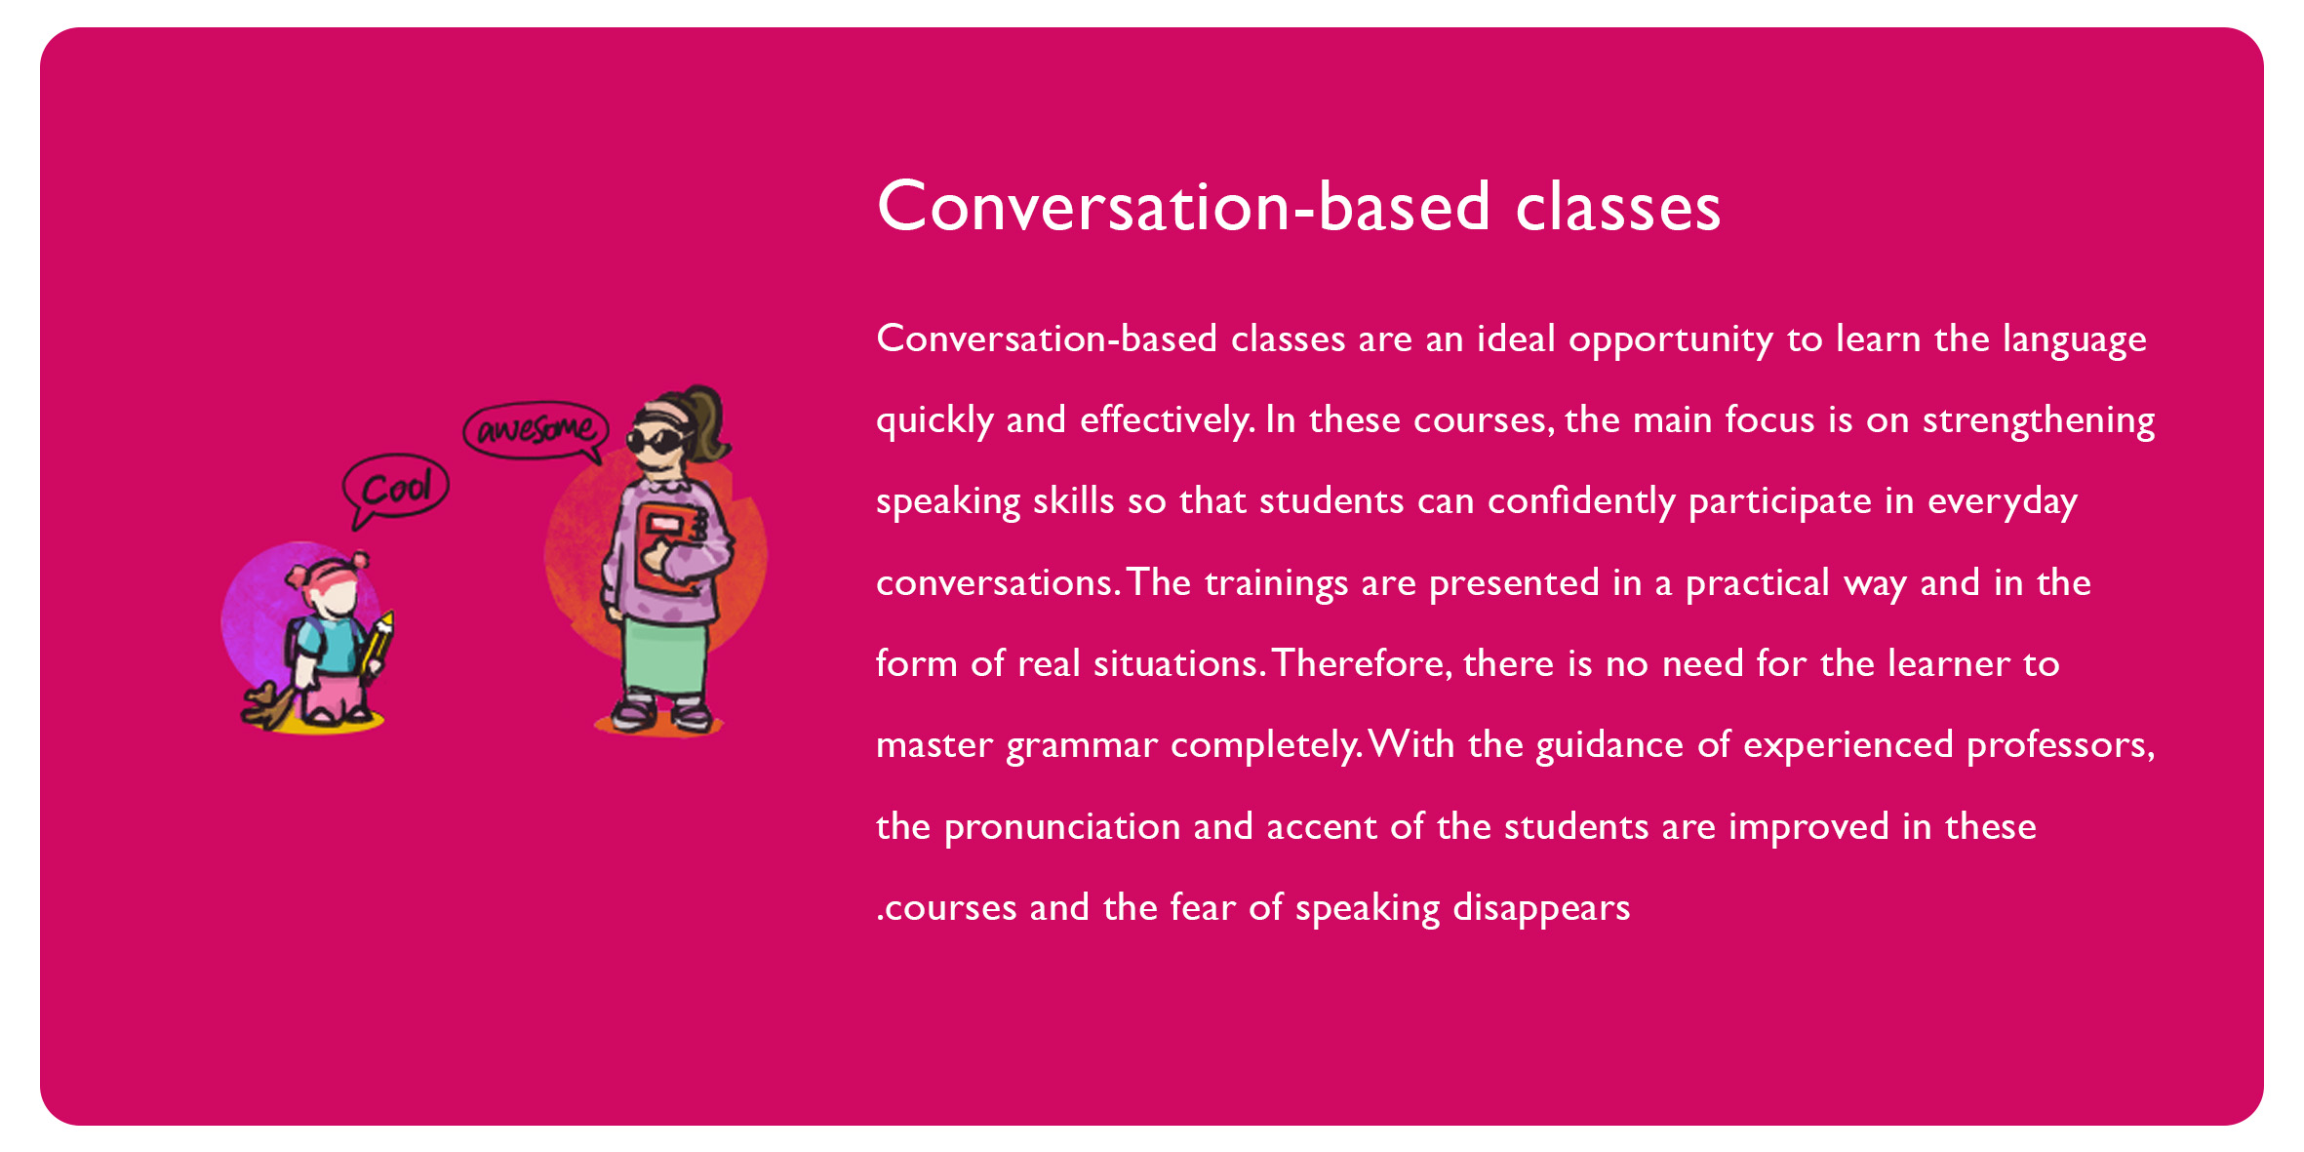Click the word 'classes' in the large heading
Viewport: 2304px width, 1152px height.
tap(1618, 207)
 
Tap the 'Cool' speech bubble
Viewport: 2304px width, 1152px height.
tap(395, 488)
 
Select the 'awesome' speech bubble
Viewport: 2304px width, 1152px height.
tap(536, 430)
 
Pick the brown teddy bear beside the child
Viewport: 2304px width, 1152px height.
tap(267, 706)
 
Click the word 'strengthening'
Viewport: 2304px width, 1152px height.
tap(2039, 420)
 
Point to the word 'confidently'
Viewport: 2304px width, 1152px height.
tap(1581, 500)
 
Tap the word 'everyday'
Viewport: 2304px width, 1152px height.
tap(2003, 502)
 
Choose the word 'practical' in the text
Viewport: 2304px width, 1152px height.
tap(1757, 582)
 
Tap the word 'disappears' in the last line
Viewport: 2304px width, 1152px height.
tap(1541, 908)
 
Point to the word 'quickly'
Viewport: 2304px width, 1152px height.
tap(934, 420)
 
